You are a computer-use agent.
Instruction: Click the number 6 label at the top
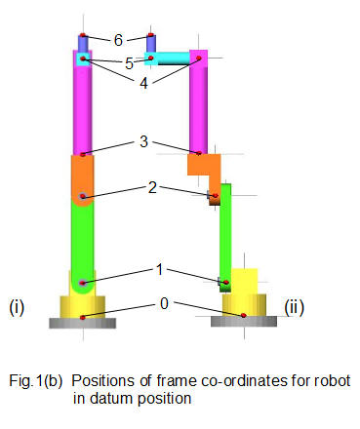tap(118, 40)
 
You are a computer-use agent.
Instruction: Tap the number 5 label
tap(129, 62)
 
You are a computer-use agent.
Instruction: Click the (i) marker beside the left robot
tap(17, 309)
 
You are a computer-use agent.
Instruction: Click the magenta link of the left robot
tap(83, 107)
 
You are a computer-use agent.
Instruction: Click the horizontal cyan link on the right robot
tap(174, 59)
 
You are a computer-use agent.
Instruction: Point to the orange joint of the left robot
tap(82, 180)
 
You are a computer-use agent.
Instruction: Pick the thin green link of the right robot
tap(225, 234)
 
